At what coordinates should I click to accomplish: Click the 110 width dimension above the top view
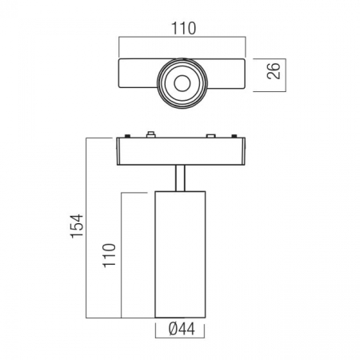(183, 29)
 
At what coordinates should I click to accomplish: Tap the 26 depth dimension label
(274, 70)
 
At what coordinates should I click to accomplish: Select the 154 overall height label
(77, 226)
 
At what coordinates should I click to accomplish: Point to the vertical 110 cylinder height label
(110, 255)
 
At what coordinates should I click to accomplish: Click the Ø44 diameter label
(182, 329)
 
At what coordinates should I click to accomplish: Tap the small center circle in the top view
(182, 83)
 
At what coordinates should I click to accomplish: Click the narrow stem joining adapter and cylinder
(180, 178)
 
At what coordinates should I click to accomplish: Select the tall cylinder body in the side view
(180, 254)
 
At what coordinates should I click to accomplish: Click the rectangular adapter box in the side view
(181, 151)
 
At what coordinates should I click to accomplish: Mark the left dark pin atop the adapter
(127, 136)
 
